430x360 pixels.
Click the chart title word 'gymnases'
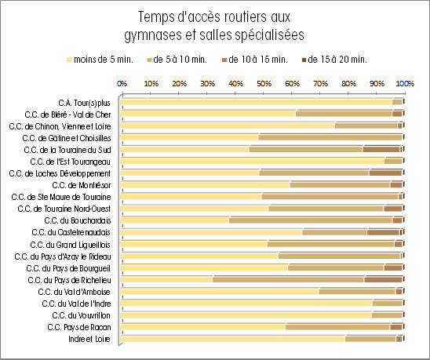[153, 35]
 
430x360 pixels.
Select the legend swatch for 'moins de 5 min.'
[69, 60]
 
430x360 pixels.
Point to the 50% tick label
[264, 83]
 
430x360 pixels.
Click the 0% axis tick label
[122, 83]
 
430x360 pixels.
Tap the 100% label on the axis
[405, 83]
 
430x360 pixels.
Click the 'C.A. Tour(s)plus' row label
[84, 103]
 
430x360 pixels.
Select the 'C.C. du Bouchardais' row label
[78, 220]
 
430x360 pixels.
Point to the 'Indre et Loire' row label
[89, 339]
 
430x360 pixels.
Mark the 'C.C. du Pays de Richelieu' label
[69, 280]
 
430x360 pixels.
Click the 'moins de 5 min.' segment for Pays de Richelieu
[166, 280]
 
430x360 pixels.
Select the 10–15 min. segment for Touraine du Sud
[381, 150]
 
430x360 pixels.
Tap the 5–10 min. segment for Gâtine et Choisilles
[330, 137]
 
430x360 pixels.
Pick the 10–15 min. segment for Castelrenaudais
[384, 232]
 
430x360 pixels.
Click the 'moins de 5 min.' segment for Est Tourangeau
[252, 162]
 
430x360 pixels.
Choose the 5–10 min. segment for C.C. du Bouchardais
[311, 220]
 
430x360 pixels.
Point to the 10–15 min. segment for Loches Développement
[385, 173]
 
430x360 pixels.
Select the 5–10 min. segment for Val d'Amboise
[357, 291]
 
